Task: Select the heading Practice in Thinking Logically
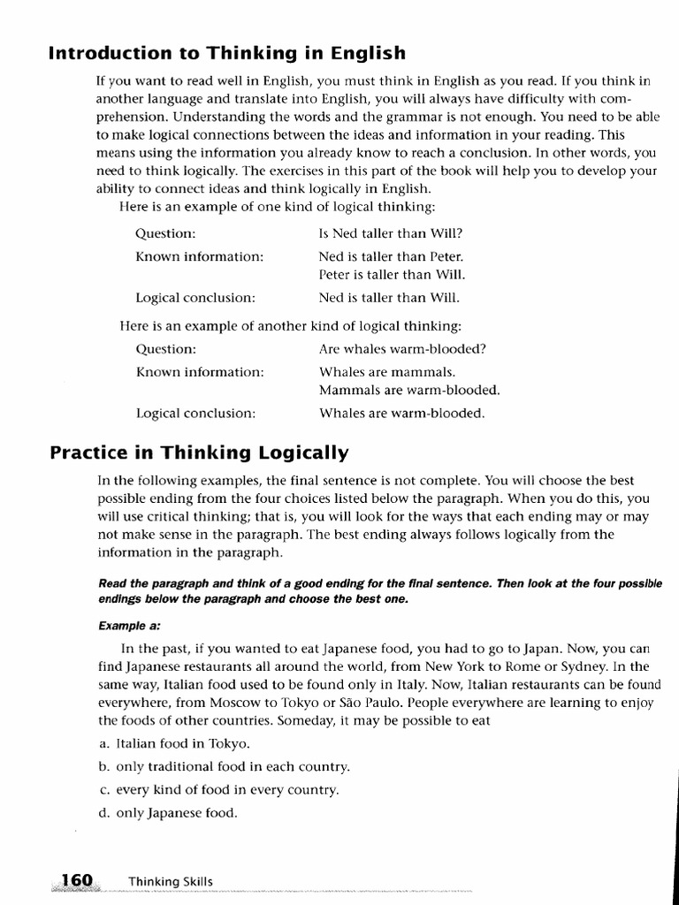200,453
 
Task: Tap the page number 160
77,880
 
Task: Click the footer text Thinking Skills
171,881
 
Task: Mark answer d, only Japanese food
167,812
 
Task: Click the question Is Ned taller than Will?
390,234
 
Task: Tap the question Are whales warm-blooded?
402,349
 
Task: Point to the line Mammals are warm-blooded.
409,390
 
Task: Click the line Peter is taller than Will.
392,275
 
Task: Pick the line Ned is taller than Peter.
391,257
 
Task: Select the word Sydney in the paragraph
576,667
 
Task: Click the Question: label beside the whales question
166,349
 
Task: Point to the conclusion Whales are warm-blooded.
401,413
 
